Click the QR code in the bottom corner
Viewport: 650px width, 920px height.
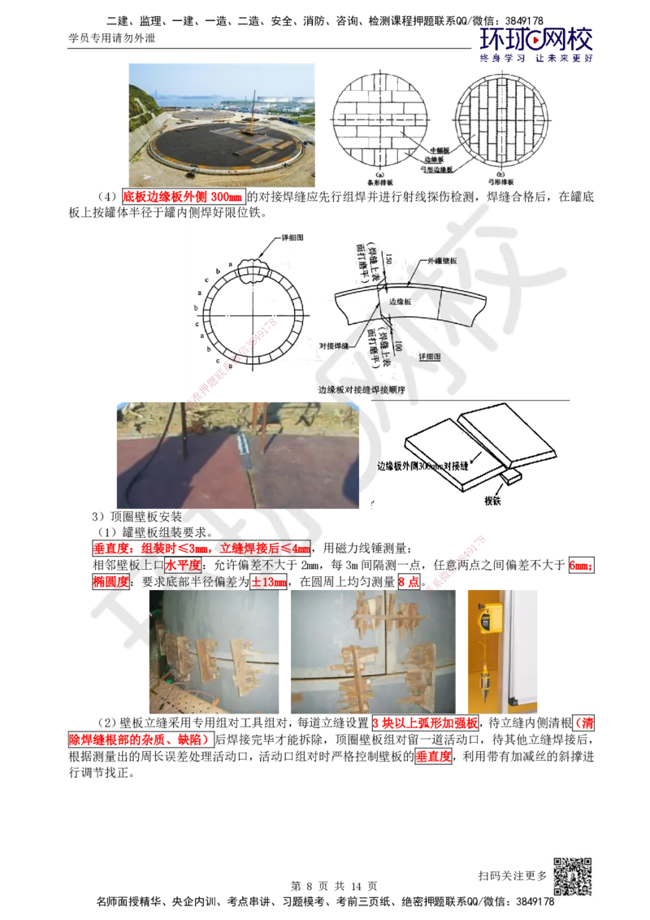point(571,877)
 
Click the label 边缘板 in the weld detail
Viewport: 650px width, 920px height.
point(401,301)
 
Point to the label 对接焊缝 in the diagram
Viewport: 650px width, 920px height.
point(334,344)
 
